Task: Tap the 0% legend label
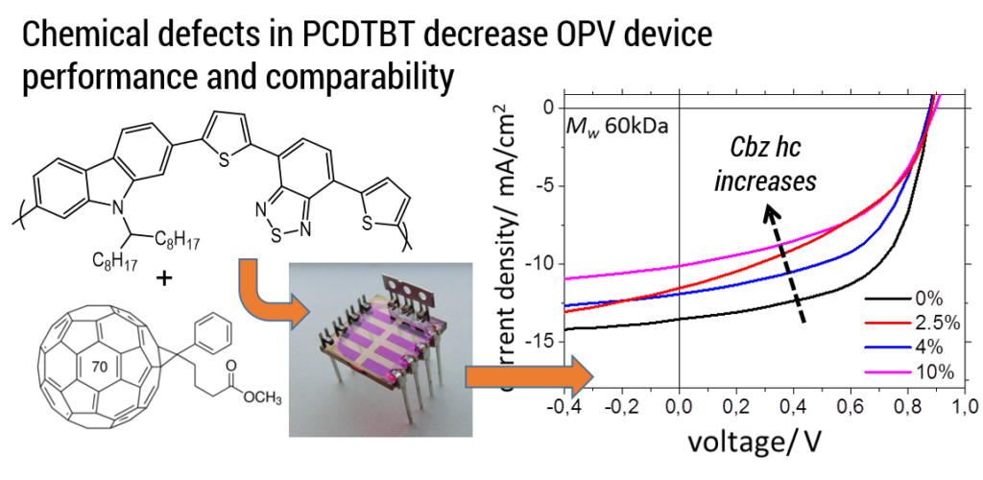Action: (927, 299)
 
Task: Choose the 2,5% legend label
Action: (934, 323)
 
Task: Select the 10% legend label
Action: (930, 372)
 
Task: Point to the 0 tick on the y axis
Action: (548, 108)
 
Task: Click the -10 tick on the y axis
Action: (543, 263)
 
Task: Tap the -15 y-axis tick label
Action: (543, 341)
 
